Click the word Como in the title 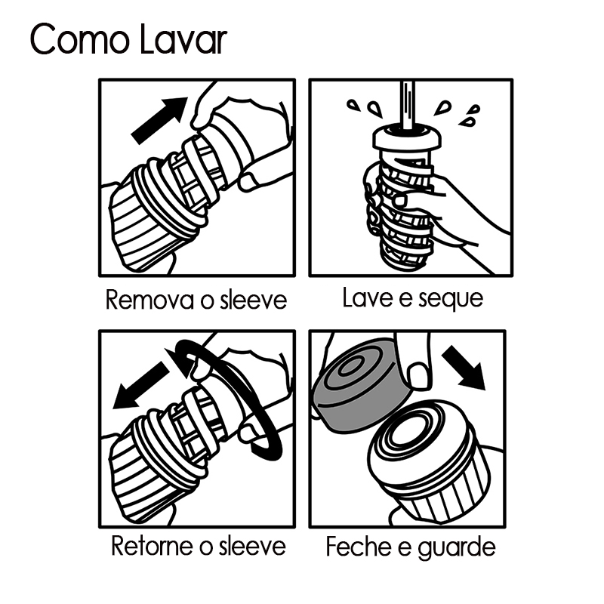click(79, 40)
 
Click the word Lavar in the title click(183, 39)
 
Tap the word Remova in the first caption click(149, 300)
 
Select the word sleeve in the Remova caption click(254, 300)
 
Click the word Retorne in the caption click(153, 545)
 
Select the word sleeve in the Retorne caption click(253, 545)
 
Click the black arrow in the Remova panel click(160, 120)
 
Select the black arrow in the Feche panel click(464, 367)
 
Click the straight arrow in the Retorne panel click(141, 385)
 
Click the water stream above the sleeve click(407, 104)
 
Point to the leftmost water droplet click(353, 105)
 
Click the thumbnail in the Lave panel click(401, 200)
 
